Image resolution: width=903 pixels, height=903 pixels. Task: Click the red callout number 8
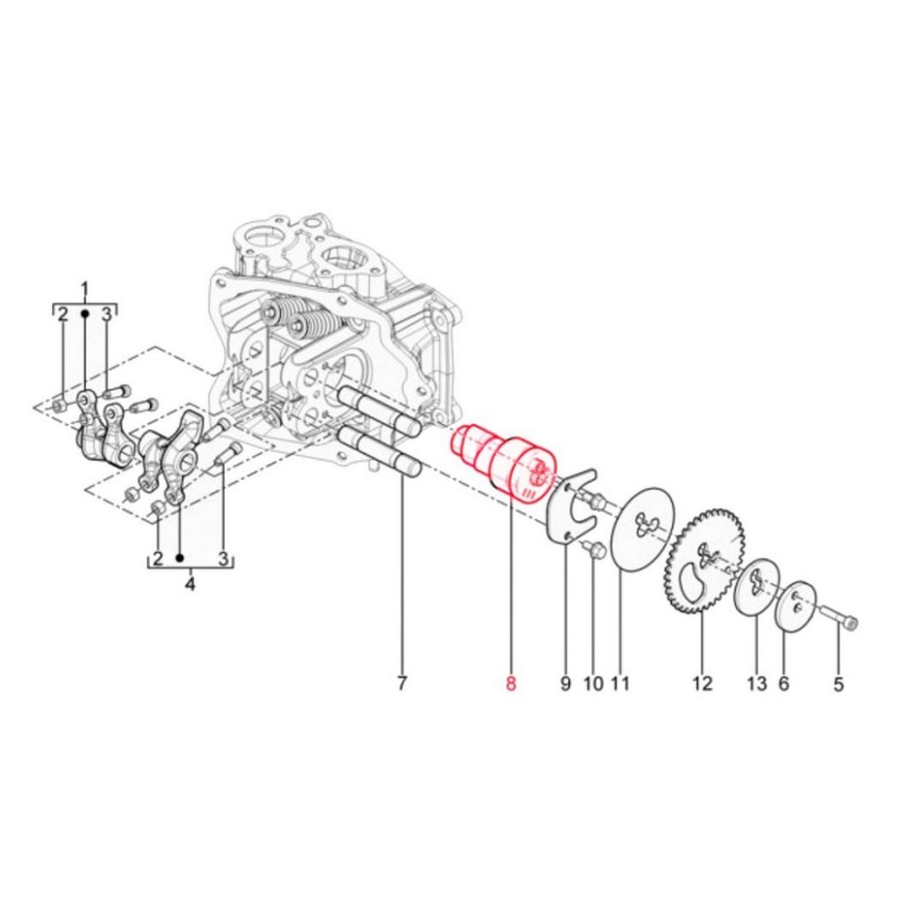tap(511, 683)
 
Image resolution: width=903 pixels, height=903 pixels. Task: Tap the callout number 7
tap(402, 683)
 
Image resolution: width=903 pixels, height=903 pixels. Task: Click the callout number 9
tap(565, 683)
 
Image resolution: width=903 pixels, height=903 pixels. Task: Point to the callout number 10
tap(593, 683)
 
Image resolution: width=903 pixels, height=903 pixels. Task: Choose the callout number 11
tap(620, 683)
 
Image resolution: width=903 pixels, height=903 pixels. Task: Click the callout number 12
tap(703, 683)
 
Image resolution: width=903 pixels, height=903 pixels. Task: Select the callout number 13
tap(758, 683)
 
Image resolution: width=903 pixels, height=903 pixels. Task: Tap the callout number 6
tap(784, 683)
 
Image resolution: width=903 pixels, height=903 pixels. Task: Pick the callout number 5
tap(839, 683)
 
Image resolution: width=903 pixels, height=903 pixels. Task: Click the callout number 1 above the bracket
tap(85, 288)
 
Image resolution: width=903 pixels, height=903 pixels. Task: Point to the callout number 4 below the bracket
tap(190, 584)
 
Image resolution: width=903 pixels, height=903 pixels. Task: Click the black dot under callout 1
tap(85, 313)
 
